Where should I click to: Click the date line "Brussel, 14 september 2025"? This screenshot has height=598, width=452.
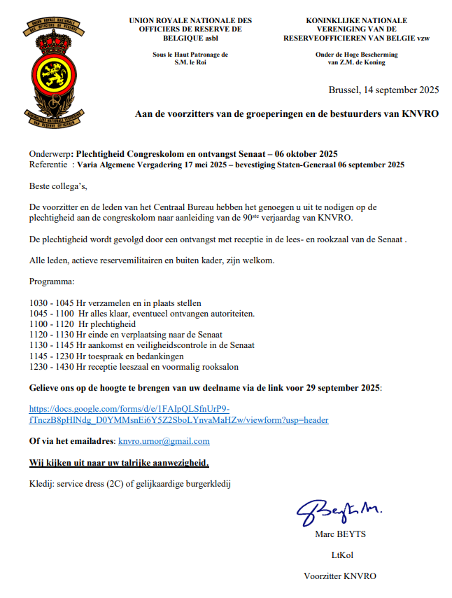tap(383, 90)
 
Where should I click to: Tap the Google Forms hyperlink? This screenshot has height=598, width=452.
tap(178, 415)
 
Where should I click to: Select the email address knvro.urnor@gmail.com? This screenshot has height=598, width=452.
tap(164, 441)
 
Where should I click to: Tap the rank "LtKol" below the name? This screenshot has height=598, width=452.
tap(340, 555)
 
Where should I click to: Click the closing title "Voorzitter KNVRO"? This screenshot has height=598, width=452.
tap(339, 576)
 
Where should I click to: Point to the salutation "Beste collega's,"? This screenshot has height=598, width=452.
tap(59, 186)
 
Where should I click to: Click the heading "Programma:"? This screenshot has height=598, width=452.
tap(52, 282)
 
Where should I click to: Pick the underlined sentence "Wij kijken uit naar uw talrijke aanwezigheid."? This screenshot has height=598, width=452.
tap(118, 463)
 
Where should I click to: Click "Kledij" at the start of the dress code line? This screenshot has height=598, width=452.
tap(41, 483)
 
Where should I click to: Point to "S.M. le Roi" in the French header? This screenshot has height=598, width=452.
tap(190, 62)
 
